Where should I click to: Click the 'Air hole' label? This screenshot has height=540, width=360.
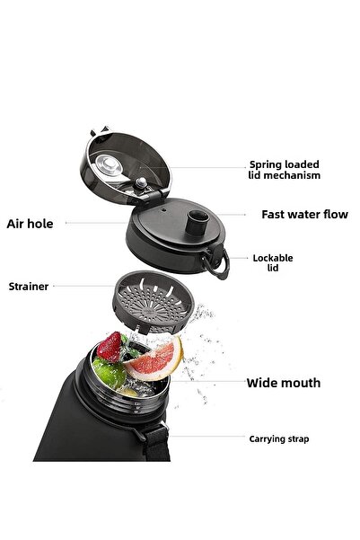(x=30, y=224)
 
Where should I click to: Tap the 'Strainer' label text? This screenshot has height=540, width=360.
(x=29, y=287)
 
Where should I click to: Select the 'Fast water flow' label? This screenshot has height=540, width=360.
(x=304, y=215)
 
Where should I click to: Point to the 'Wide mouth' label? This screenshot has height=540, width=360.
(x=284, y=383)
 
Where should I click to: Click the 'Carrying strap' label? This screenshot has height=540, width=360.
(x=279, y=439)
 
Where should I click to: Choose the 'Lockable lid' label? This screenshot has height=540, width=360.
(x=273, y=262)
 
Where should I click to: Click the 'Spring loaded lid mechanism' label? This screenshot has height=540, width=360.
(x=285, y=170)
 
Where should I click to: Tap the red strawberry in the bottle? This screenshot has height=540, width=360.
(x=110, y=346)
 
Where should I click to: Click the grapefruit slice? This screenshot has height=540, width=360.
(x=155, y=360)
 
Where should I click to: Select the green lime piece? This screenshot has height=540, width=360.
(x=110, y=374)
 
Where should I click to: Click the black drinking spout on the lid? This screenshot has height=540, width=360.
(x=197, y=223)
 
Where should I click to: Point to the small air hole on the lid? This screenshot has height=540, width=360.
(x=163, y=209)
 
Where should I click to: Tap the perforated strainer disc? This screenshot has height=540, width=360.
(x=154, y=302)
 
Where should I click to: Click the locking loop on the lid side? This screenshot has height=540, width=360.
(x=217, y=262)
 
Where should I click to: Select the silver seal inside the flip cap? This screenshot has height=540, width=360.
(x=110, y=165)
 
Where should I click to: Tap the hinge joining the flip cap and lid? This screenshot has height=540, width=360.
(x=152, y=197)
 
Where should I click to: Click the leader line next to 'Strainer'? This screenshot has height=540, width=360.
(x=84, y=286)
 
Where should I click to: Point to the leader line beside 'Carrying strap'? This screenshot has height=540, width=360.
(x=208, y=437)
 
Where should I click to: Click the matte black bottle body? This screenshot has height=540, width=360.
(x=93, y=430)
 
